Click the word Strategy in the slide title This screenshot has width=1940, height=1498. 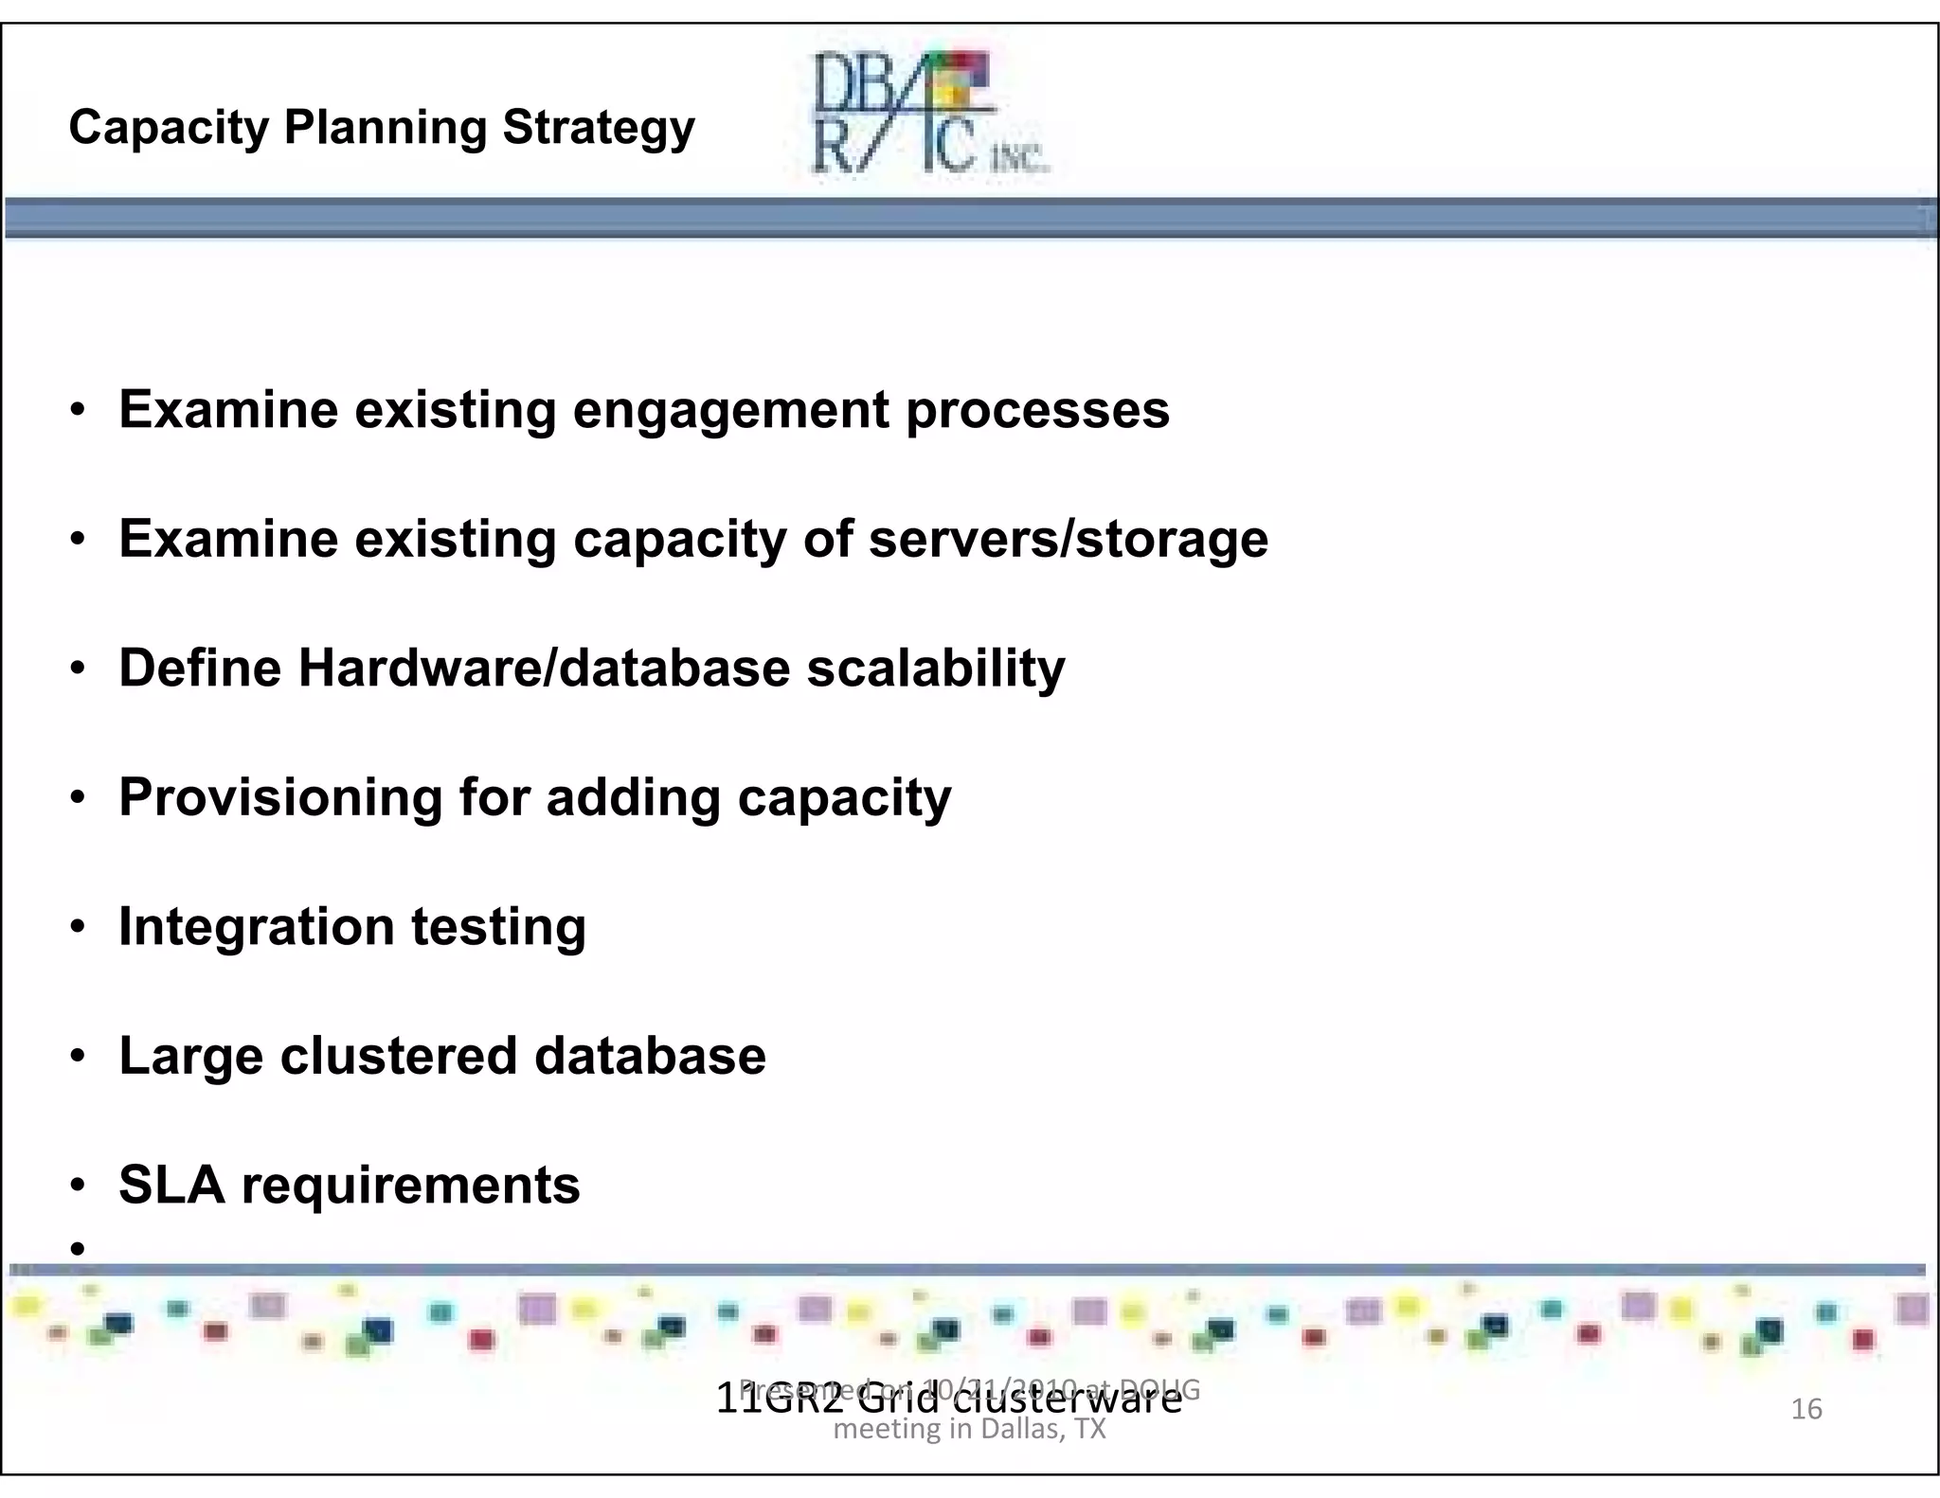pos(599,128)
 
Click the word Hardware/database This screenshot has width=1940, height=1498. pos(545,668)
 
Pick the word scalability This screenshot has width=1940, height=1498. pos(936,669)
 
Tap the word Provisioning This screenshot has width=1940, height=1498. pos(280,798)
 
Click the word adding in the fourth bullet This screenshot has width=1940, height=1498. pos(633,798)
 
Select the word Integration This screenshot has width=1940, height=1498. pos(256,927)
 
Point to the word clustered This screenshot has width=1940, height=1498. pos(398,1056)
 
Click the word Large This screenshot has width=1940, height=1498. pos(190,1058)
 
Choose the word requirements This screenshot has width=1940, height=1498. pos(410,1186)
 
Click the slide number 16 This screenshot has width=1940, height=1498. pos(1805,1409)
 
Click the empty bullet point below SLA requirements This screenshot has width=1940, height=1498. pos(79,1248)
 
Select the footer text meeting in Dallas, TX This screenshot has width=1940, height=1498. pos(969,1429)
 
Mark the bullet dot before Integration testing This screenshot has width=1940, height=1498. pos(79,927)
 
